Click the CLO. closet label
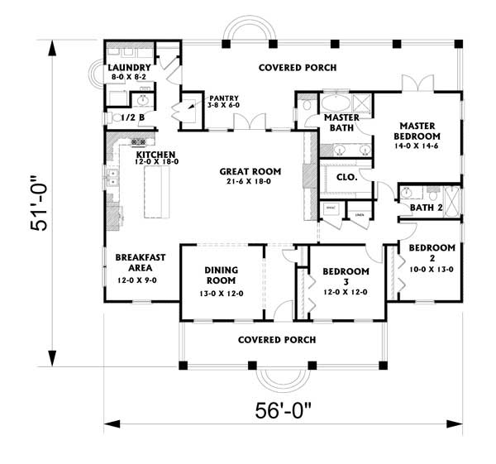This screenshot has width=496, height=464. (346, 176)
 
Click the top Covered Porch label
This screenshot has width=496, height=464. (286, 67)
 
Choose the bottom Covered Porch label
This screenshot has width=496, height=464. (276, 340)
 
